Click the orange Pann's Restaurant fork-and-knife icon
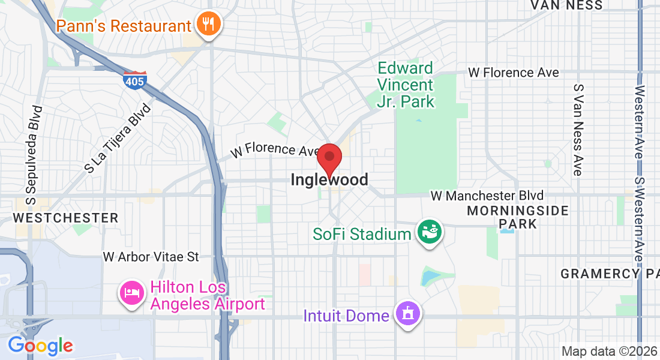pyautogui.click(x=209, y=25)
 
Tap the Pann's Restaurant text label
pyautogui.click(x=124, y=26)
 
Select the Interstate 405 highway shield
pyautogui.click(x=136, y=80)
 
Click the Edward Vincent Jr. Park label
pyautogui.click(x=406, y=85)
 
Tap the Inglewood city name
pyautogui.click(x=329, y=179)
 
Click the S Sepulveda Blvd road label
pyautogui.click(x=34, y=153)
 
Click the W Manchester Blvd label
pyautogui.click(x=487, y=196)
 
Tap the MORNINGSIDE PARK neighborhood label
pyautogui.click(x=518, y=217)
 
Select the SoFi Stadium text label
pyautogui.click(x=361, y=233)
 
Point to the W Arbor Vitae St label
pyautogui.click(x=151, y=257)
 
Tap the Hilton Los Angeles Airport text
pyautogui.click(x=208, y=296)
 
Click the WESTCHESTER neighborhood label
pyautogui.click(x=66, y=217)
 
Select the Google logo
pyautogui.click(x=40, y=346)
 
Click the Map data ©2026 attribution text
pyautogui.click(x=608, y=352)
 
